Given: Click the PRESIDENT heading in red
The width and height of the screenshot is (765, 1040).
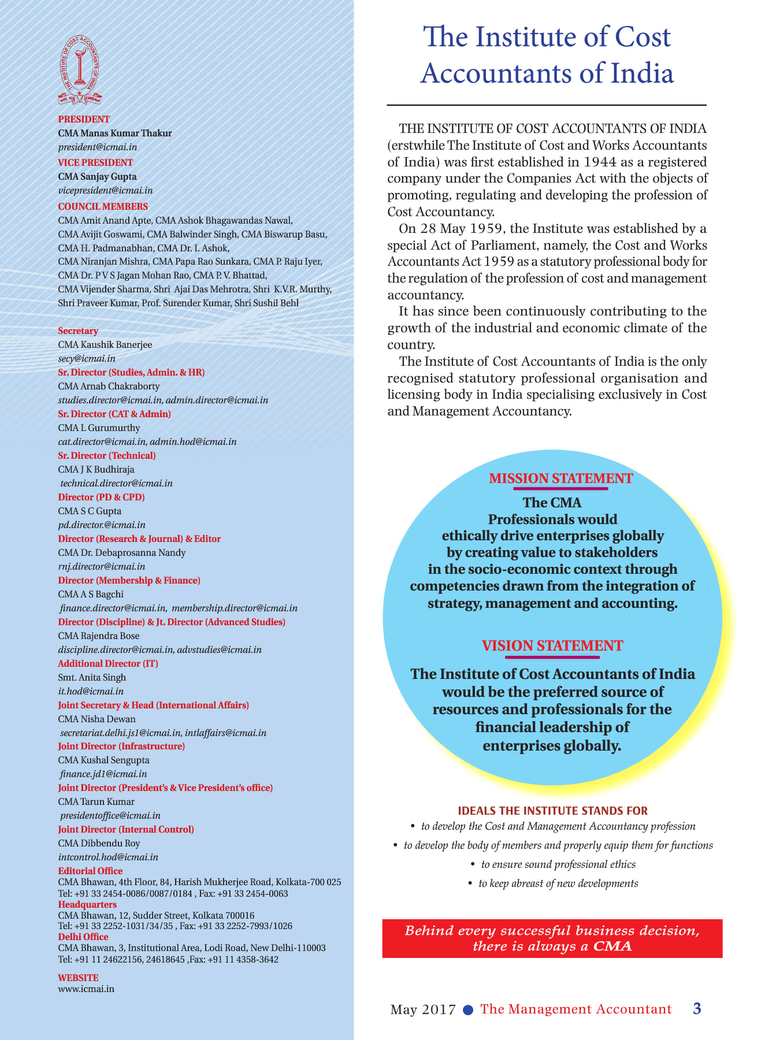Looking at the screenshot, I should point(84,119).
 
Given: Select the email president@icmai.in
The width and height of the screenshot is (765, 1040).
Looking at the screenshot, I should point(98,147).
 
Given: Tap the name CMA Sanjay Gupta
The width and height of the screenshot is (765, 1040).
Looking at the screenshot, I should point(98,176).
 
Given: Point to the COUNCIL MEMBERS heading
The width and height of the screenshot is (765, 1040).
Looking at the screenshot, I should point(103,206).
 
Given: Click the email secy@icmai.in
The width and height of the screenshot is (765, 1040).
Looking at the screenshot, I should point(87,358).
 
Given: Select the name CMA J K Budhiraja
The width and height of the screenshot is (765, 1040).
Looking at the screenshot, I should point(96,469).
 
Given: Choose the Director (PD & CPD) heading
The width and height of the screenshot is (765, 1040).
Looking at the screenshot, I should point(102,497).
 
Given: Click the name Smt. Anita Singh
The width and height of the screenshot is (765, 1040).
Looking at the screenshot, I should point(92,677).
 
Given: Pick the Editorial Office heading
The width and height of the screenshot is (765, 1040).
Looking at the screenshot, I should point(90,871).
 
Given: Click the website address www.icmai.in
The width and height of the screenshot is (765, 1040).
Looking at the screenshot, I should point(86,989).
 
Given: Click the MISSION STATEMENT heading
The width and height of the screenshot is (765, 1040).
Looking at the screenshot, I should point(560,478).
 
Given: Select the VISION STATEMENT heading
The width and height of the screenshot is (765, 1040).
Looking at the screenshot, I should point(552,645).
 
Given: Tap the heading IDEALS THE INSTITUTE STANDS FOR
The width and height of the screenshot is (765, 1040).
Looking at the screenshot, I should point(552,811).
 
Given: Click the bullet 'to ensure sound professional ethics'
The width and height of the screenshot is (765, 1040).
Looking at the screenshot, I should point(558,864).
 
